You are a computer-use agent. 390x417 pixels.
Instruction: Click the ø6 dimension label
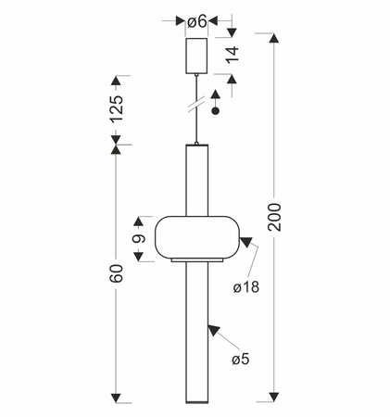pyautogui.click(x=196, y=21)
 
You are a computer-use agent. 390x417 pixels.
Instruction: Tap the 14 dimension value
pyautogui.click(x=233, y=55)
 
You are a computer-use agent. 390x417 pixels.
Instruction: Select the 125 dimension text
pyautogui.click(x=117, y=109)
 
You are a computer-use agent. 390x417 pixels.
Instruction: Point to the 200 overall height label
pyautogui.click(x=274, y=217)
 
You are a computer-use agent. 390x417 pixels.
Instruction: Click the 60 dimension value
pyautogui.click(x=117, y=273)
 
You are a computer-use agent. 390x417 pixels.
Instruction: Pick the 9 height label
pyautogui.click(x=139, y=239)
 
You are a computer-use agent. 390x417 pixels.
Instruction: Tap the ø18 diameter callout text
pyautogui.click(x=246, y=287)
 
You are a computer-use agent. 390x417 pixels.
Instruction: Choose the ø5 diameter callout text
pyautogui.click(x=241, y=359)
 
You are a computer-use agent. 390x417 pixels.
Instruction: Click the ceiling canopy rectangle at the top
pyautogui.click(x=196, y=56)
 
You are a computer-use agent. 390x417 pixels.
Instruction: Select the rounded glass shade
pyautogui.click(x=196, y=237)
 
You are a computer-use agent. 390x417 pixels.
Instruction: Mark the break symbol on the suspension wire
pyautogui.click(x=196, y=104)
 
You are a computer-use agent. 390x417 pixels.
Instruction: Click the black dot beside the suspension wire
pyautogui.click(x=216, y=111)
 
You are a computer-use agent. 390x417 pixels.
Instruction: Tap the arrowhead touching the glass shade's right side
pyautogui.click(x=246, y=242)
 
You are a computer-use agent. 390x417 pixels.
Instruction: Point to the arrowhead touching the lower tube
pyautogui.click(x=214, y=330)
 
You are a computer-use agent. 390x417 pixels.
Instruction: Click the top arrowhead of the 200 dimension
pyautogui.click(x=274, y=38)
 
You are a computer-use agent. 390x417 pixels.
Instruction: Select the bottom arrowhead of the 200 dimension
pyautogui.click(x=274, y=398)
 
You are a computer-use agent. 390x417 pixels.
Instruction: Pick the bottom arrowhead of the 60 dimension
pyautogui.click(x=116, y=398)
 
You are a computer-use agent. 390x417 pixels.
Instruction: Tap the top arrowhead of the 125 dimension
pyautogui.click(x=116, y=81)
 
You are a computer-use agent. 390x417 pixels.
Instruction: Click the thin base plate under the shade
pyautogui.click(x=197, y=260)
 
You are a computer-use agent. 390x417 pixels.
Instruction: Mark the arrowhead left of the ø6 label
pyautogui.click(x=180, y=21)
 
